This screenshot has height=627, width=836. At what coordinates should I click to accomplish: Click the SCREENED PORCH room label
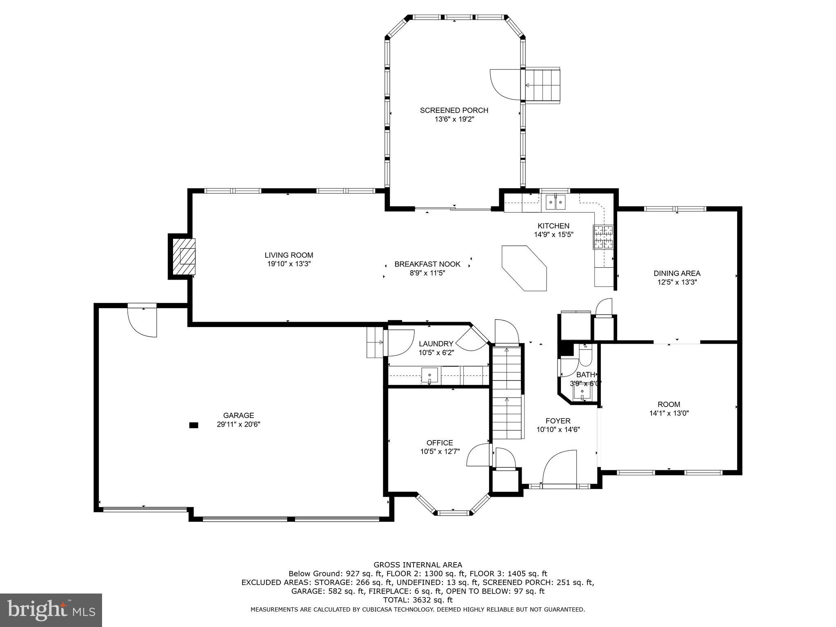454,110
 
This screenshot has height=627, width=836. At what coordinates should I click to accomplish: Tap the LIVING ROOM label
289,255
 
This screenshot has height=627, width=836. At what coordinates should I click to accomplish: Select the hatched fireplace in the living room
183,256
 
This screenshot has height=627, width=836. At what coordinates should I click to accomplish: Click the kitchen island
524,268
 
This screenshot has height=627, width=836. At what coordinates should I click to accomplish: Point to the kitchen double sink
555,202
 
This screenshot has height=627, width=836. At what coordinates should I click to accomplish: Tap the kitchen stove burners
603,237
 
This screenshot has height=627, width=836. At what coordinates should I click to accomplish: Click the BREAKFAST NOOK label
427,264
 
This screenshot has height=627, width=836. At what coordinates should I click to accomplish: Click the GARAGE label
238,416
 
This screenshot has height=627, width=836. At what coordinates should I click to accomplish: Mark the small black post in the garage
193,425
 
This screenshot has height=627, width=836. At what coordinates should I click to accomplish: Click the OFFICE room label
440,442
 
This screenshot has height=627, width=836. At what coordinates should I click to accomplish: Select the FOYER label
558,421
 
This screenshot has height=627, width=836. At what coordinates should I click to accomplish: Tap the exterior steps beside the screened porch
543,85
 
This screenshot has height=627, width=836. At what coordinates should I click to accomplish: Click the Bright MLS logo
51,610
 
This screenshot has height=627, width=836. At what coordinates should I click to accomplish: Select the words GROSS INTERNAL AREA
418,565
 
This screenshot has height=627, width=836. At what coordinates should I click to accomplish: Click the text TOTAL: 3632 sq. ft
418,600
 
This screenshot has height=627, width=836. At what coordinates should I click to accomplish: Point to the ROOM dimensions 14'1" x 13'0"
669,413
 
